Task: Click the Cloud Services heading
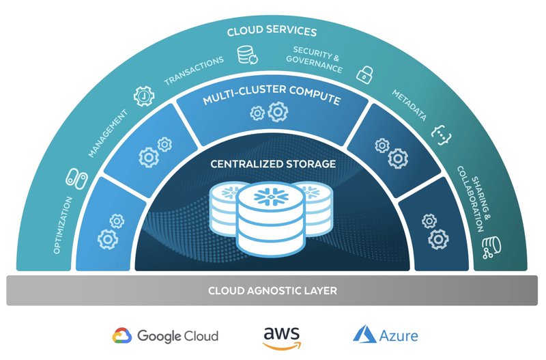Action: coord(272,31)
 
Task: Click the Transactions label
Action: coord(195,71)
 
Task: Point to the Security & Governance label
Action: coord(317,60)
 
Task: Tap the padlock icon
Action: coord(367,72)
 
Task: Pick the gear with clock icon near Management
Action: coord(144,95)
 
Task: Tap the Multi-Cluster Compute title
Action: coord(271,100)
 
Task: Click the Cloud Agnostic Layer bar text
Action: coord(272,291)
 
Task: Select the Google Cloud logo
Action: coord(165,335)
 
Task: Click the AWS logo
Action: coord(281,336)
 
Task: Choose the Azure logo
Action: coord(386,335)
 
